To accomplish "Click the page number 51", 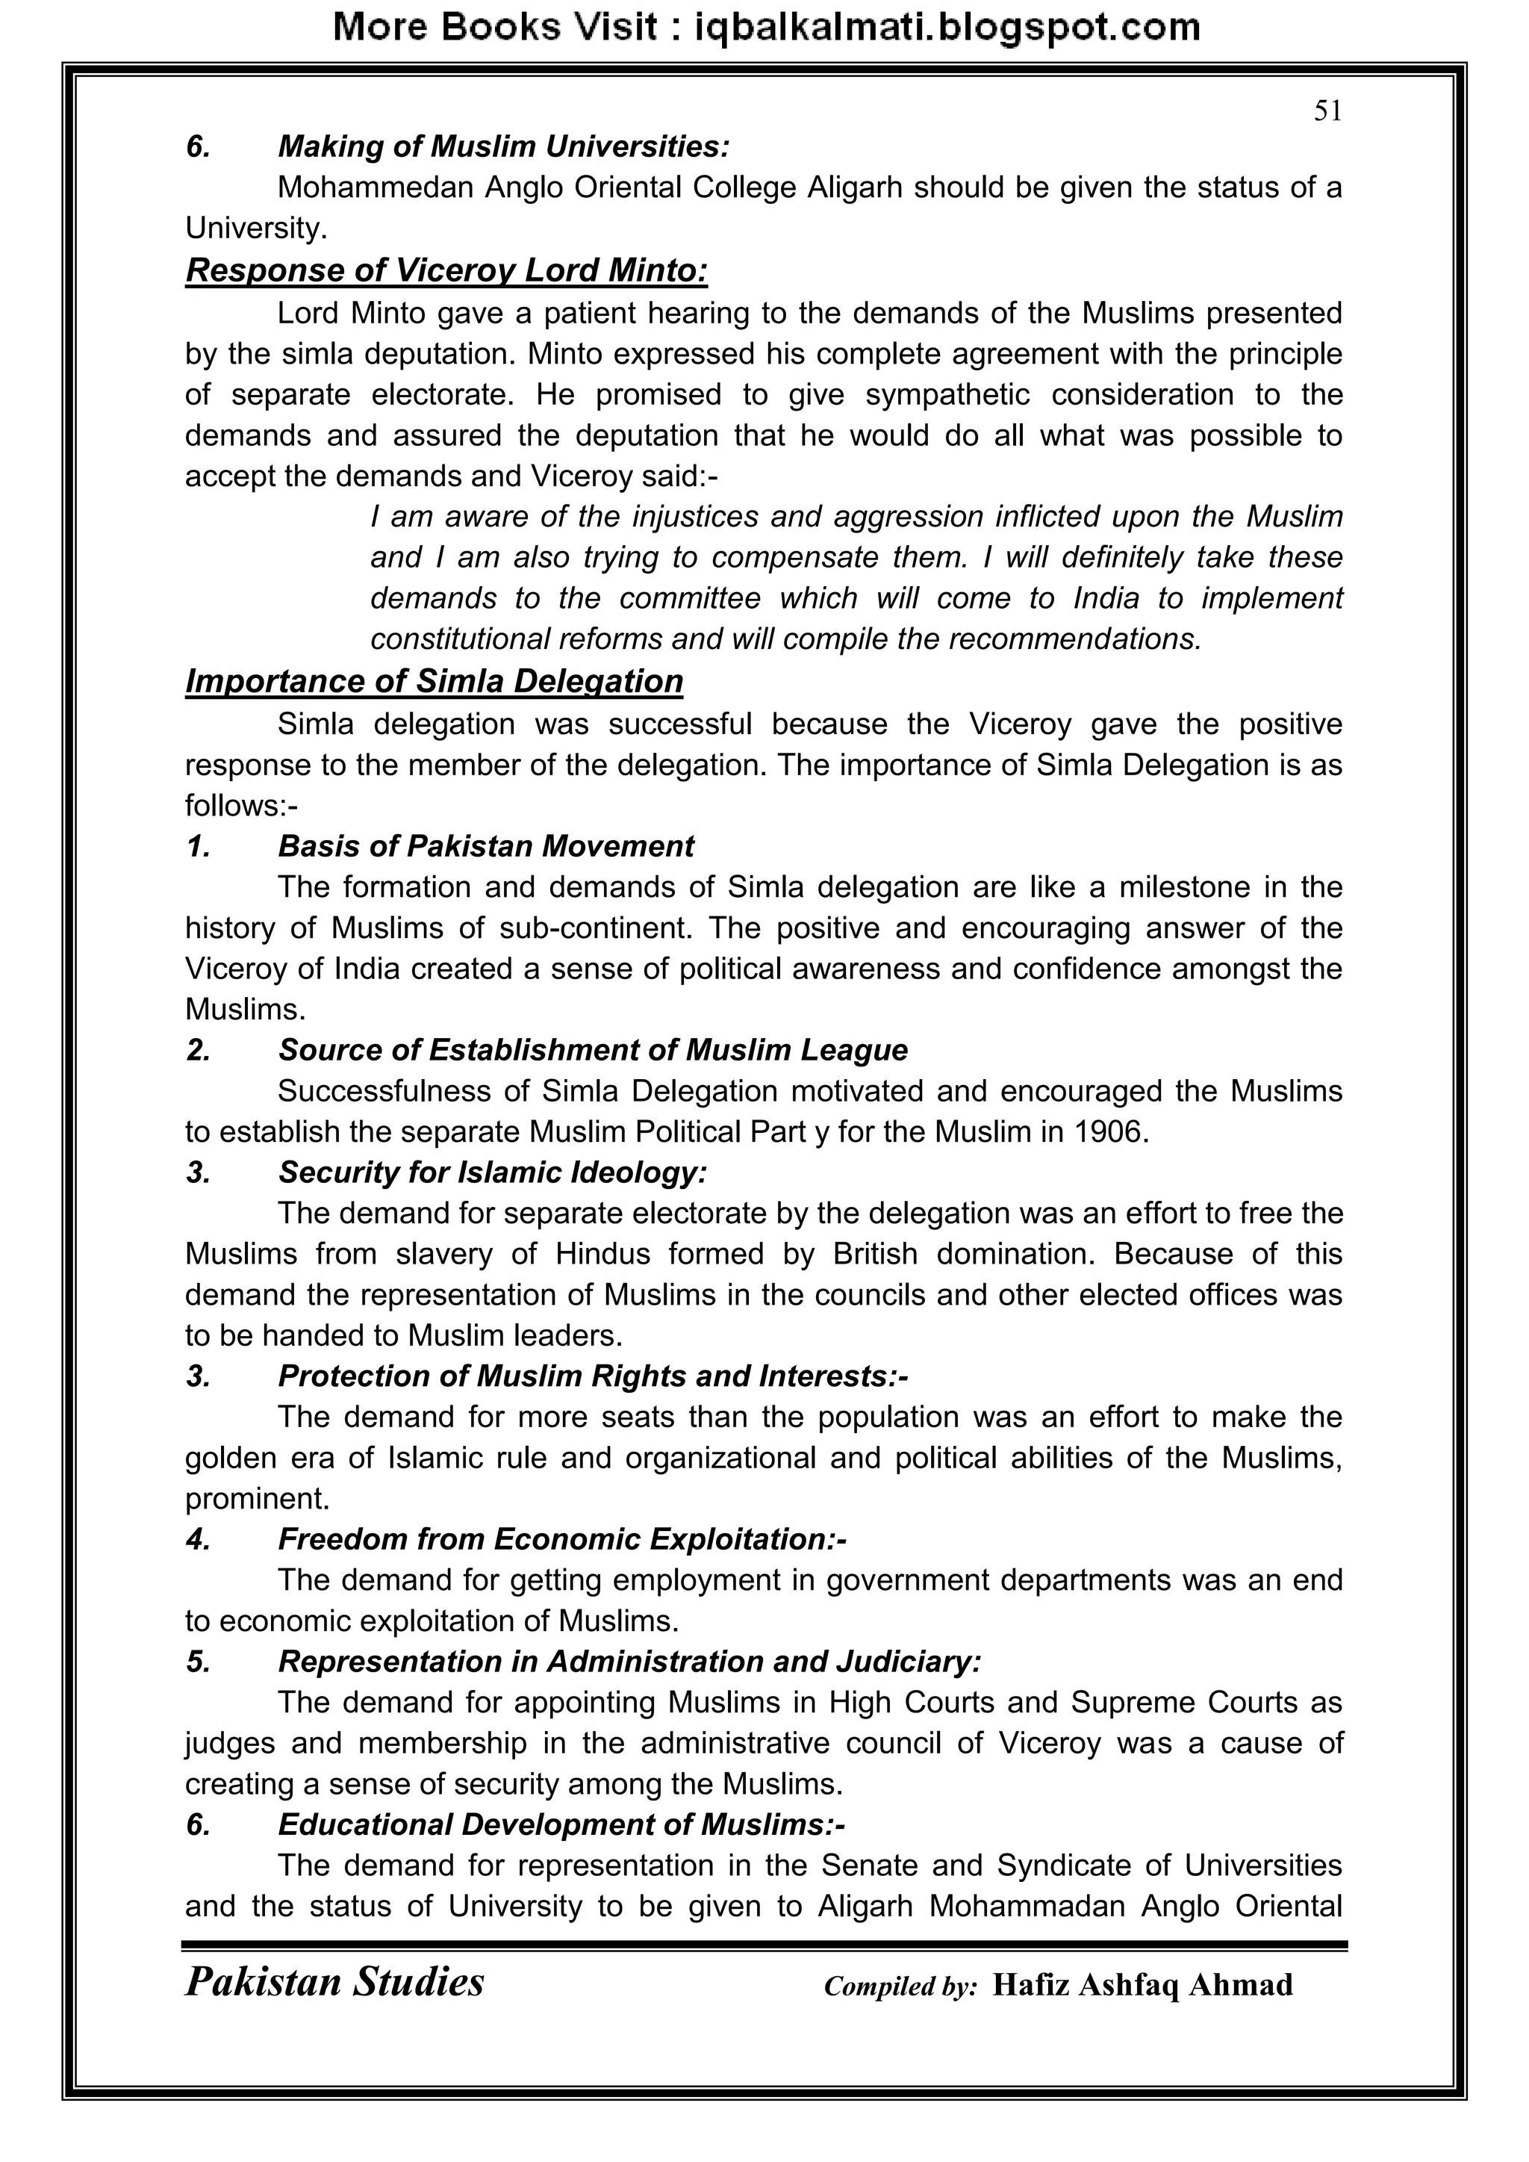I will pyautogui.click(x=1327, y=112).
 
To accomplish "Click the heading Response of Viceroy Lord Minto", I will pyautogui.click(x=446, y=270).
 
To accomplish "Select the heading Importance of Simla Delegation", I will pyautogui.click(x=434, y=681).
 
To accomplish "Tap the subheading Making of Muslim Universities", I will pyautogui.click(x=504, y=147).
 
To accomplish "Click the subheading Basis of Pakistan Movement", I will pyautogui.click(x=486, y=847).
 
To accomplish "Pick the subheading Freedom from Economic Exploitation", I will pyautogui.click(x=562, y=1540).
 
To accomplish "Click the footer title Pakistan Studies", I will pyautogui.click(x=335, y=1982).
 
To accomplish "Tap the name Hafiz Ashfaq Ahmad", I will pyautogui.click(x=1142, y=1985).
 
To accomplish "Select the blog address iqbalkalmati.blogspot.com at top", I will pyautogui.click(x=947, y=28).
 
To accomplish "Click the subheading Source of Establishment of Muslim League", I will pyautogui.click(x=593, y=1050).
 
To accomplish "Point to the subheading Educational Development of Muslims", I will pyautogui.click(x=561, y=1825).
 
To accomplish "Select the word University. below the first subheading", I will pyautogui.click(x=256, y=229).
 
